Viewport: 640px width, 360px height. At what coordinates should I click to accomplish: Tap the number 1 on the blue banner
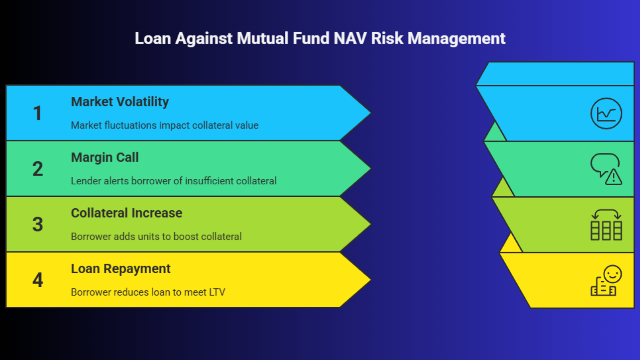point(38,113)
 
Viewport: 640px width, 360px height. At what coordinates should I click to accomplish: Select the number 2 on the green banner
point(38,168)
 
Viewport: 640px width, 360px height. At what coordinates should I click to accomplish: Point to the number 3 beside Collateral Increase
point(38,224)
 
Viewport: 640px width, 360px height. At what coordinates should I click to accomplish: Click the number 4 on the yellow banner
point(38,280)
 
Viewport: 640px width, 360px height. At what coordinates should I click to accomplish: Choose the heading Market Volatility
point(120,102)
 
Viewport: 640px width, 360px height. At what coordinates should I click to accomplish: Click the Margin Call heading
point(105,158)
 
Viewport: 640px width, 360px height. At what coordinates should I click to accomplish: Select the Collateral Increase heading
point(126,213)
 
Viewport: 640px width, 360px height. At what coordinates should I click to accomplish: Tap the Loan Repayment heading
point(120,269)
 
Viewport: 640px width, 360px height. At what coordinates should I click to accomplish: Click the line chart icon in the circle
point(606,114)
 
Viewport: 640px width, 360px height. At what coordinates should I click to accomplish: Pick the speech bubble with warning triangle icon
point(606,169)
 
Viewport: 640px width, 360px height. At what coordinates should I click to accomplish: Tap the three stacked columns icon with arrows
point(606,224)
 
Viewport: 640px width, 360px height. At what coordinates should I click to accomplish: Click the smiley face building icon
point(606,280)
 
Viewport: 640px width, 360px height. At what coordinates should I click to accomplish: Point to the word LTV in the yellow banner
point(217,292)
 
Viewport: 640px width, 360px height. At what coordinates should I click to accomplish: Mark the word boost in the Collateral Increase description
point(186,236)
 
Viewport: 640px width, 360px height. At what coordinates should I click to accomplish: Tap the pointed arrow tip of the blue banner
point(370,113)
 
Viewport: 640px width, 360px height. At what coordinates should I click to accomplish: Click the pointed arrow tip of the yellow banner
point(370,280)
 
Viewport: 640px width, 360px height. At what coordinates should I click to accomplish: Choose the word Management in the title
point(456,39)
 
